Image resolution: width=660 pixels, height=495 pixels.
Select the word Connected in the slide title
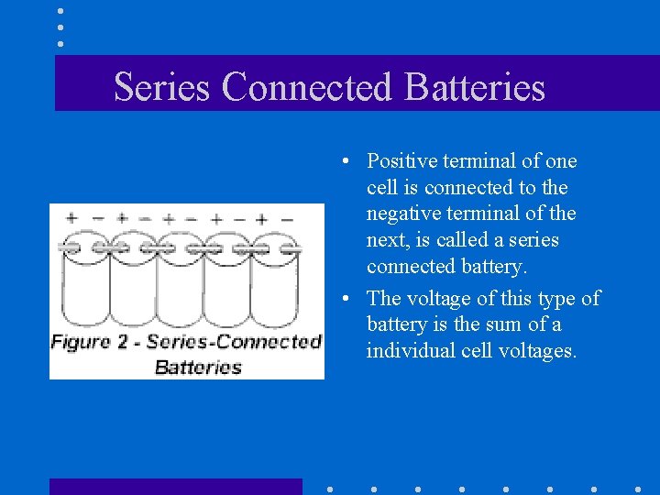pyautogui.click(x=307, y=87)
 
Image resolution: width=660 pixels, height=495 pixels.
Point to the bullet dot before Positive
pyautogui.click(x=340, y=162)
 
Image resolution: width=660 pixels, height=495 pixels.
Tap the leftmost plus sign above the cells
pyautogui.click(x=71, y=219)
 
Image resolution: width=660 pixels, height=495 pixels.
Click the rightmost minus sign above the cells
pyautogui.click(x=287, y=219)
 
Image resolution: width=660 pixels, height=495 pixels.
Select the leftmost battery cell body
pyautogui.click(x=84, y=289)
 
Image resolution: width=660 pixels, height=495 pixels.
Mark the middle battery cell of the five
pyautogui.click(x=180, y=289)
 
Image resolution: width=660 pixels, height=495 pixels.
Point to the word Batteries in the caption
pyautogui.click(x=198, y=368)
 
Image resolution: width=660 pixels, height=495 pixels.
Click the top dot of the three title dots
pyautogui.click(x=60, y=12)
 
